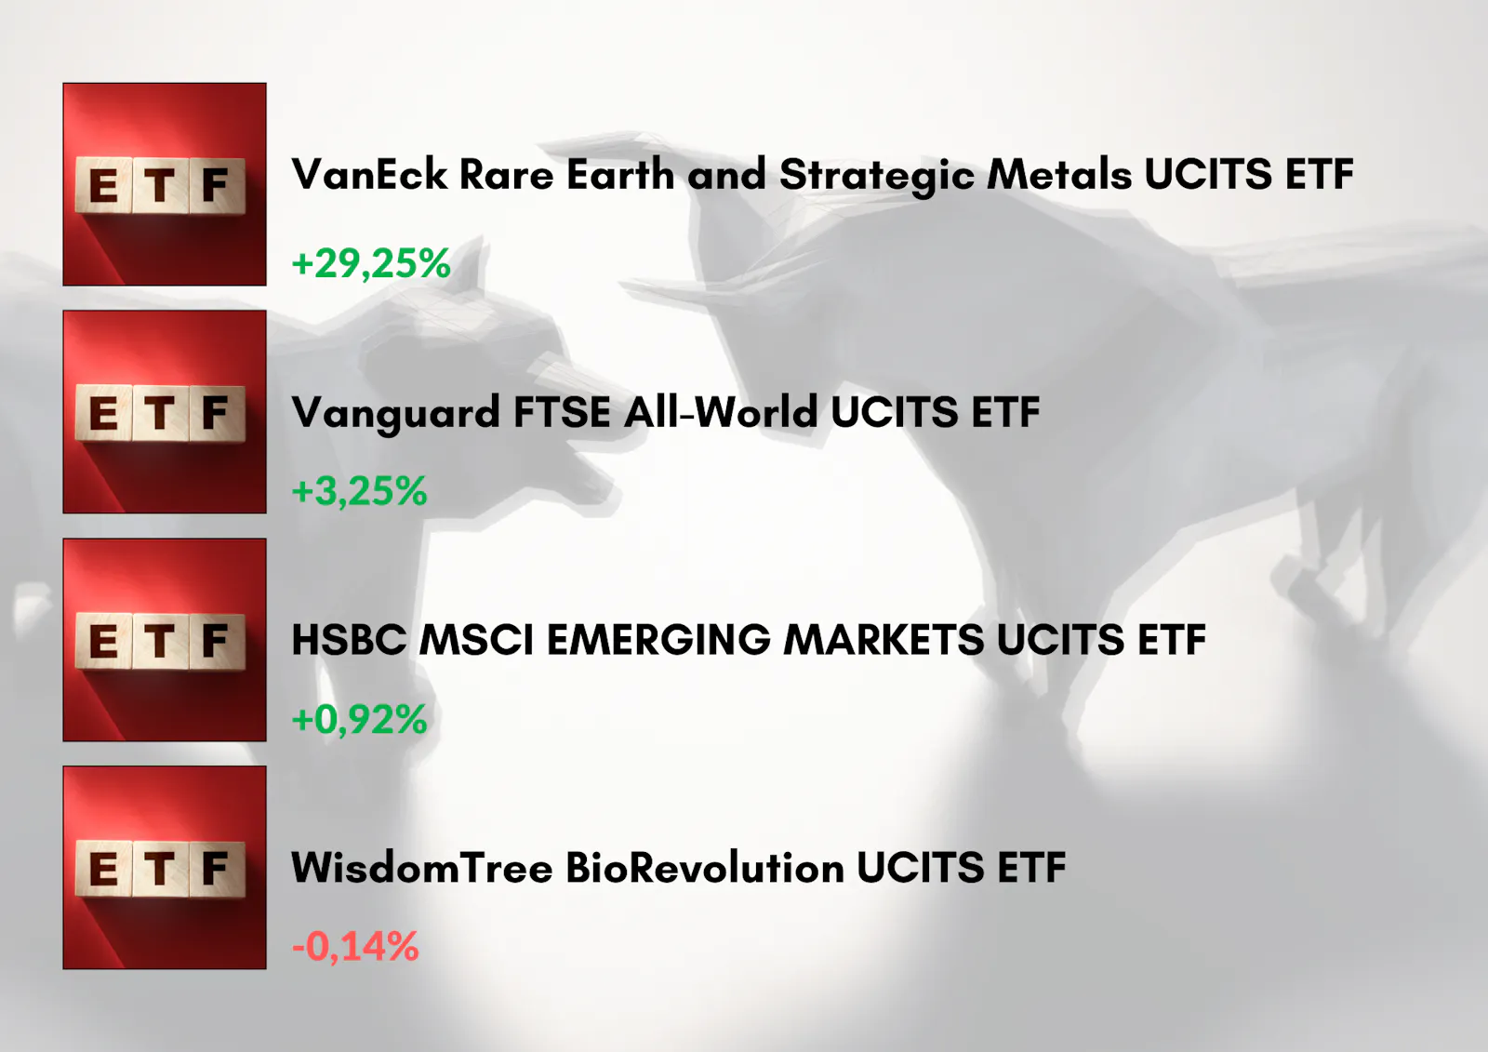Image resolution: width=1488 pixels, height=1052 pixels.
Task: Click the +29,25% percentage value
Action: coord(371,263)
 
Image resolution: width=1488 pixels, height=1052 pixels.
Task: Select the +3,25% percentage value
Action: coord(359,491)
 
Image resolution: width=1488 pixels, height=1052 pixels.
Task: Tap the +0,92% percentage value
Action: coord(359,719)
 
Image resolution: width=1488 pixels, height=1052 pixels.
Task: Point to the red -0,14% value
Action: coord(355,946)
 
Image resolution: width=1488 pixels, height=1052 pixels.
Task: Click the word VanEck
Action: coord(369,175)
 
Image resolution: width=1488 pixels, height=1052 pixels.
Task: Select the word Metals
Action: coord(1059,175)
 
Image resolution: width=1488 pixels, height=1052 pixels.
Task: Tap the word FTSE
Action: coord(562,412)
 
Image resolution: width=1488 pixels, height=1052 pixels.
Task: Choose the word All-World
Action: coord(721,412)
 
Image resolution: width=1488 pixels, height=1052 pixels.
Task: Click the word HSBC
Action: coord(349,640)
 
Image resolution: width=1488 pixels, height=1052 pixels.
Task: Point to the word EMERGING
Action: coord(659,640)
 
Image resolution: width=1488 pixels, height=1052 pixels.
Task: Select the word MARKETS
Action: coord(883,640)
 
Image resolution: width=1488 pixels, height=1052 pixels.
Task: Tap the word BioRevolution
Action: coord(705,867)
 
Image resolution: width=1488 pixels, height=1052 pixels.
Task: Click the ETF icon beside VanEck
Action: coord(165,184)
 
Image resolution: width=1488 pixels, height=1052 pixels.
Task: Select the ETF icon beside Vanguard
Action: coord(165,412)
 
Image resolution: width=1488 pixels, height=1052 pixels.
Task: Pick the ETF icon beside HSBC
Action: coord(165,640)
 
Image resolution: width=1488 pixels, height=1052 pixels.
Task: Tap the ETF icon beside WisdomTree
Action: coord(165,867)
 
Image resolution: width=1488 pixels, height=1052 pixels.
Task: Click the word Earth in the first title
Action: coord(620,175)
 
